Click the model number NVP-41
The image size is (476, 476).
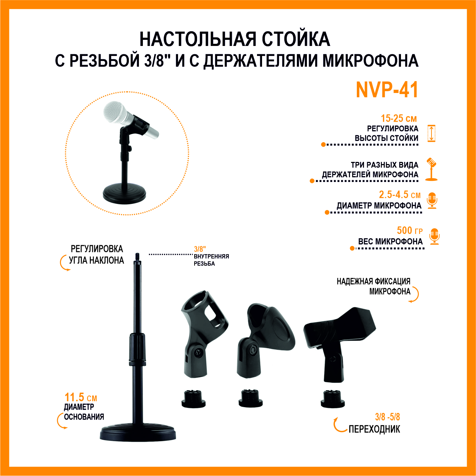coord(387,90)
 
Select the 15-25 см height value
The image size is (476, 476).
coord(399,118)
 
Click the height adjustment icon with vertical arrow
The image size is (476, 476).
coord(431,134)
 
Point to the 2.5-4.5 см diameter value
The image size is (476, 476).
coord(400,195)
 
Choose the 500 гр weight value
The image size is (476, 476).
coord(410,230)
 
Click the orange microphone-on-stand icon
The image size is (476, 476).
coord(431,169)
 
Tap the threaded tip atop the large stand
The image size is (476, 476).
coord(137,258)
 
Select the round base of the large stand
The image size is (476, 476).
coord(138,432)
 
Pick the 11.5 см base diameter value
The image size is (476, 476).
coord(81,398)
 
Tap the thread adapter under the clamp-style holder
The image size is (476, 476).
coord(333,399)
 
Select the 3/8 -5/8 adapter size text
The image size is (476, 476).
coord(387,417)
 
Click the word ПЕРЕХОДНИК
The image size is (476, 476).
coord(374,429)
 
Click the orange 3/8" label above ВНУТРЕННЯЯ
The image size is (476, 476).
coord(200,249)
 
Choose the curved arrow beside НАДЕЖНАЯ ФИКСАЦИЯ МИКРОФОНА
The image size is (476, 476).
coord(415,295)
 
